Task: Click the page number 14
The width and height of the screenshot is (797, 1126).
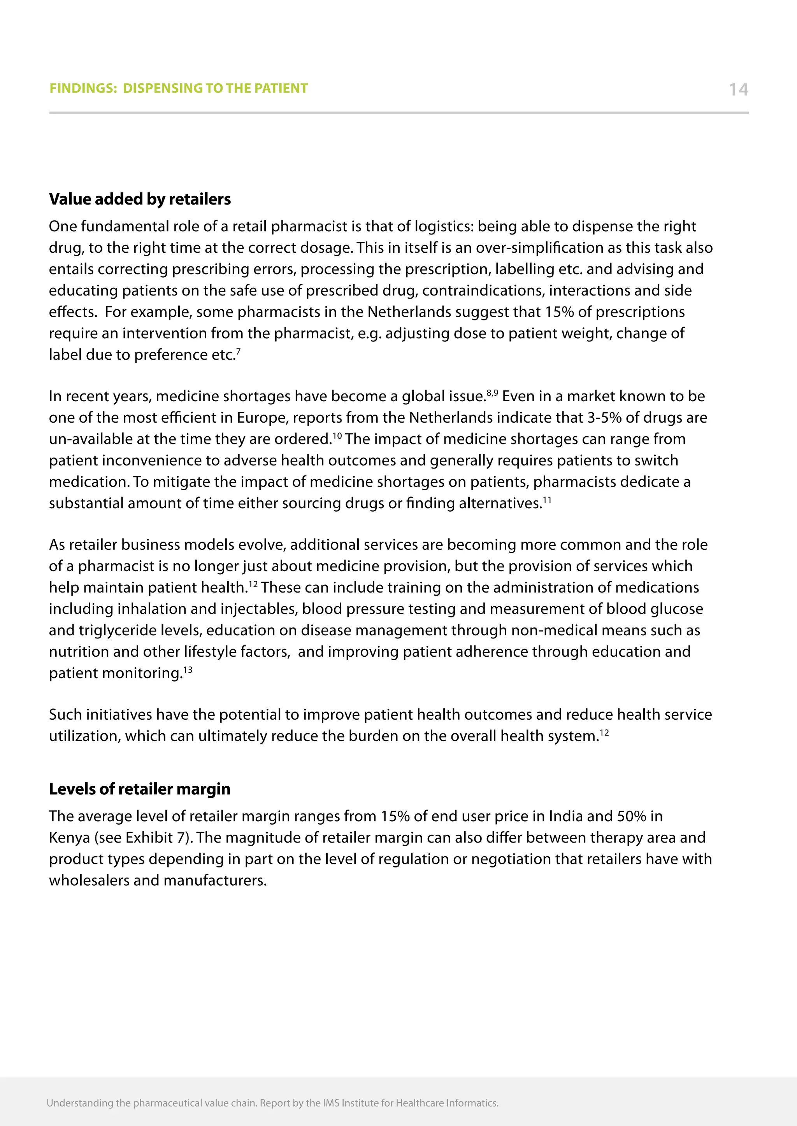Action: [x=738, y=89]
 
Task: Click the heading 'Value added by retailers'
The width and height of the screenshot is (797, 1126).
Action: [x=140, y=199]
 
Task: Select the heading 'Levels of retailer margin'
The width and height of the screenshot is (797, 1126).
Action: [x=140, y=789]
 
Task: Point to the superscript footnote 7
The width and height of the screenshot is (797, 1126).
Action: [x=239, y=351]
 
